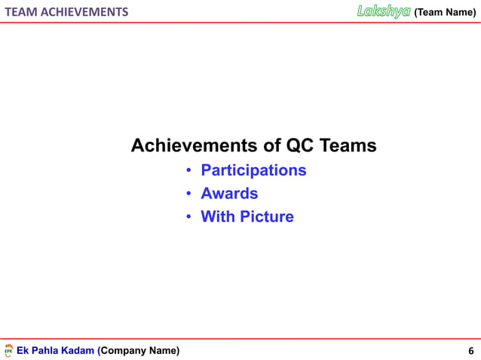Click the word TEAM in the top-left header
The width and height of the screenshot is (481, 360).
coord(21,12)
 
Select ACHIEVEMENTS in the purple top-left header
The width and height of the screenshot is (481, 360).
coord(84,12)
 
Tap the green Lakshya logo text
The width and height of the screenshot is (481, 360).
coord(383,11)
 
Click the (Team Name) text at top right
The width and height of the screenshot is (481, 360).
coord(445,12)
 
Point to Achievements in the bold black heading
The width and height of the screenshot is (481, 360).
coord(195,145)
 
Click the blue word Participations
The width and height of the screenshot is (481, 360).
coord(253,170)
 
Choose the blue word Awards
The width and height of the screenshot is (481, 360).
coord(229,194)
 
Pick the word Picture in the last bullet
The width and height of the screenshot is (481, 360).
coord(266,217)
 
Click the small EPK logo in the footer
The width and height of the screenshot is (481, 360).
coord(8,351)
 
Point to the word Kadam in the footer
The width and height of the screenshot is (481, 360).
coord(79,350)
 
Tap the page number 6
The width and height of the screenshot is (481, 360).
coord(471,351)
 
